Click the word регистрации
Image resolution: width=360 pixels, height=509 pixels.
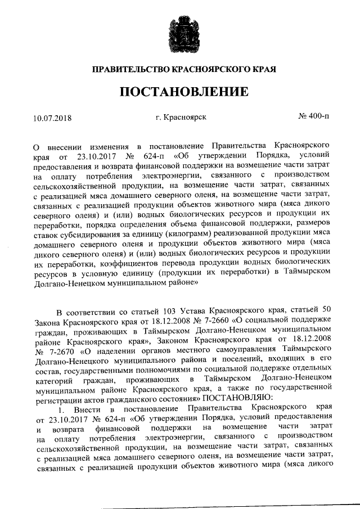point(59,396)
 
